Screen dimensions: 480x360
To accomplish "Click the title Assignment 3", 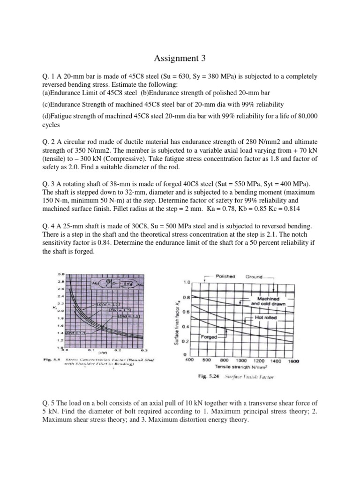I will click(180, 59).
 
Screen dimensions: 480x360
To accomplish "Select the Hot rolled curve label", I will click(265, 317).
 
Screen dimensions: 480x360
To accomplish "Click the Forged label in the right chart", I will click(208, 337).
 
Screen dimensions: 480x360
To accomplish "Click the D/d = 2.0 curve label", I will click(103, 305).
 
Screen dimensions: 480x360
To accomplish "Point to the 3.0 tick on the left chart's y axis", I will click(60, 273).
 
